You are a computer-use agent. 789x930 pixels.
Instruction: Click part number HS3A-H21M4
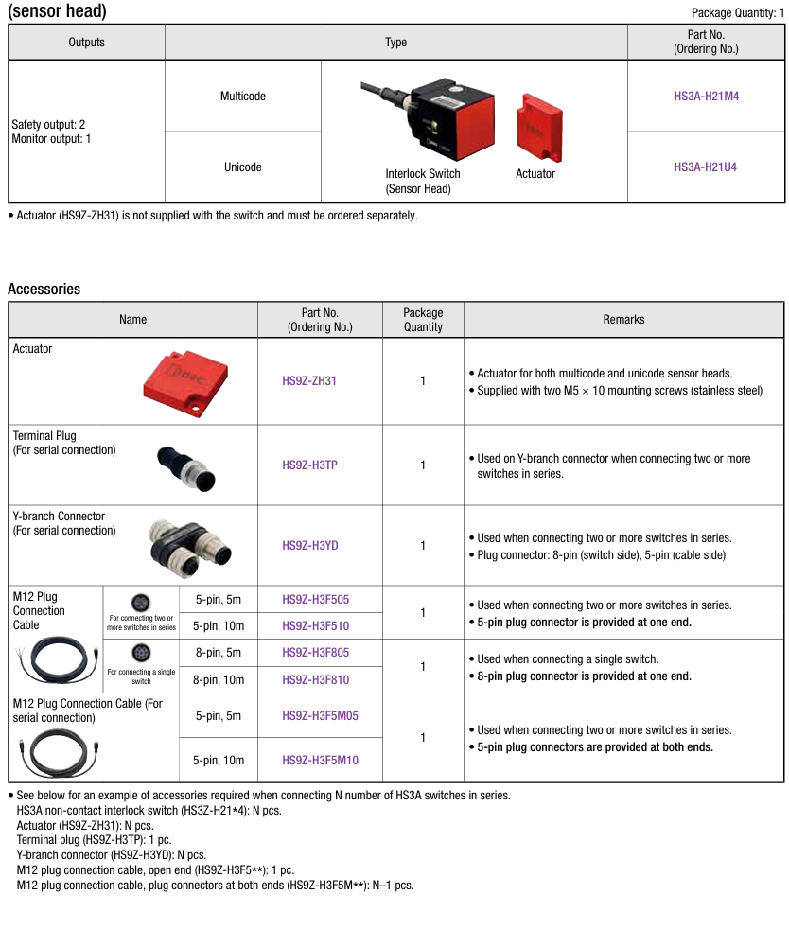[x=705, y=96]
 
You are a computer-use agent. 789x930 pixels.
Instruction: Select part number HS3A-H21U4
[x=705, y=167]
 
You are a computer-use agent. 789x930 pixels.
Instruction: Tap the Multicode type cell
[x=243, y=97]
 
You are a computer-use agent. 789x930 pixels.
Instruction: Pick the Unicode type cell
[x=243, y=167]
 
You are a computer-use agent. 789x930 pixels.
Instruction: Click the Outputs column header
[x=87, y=43]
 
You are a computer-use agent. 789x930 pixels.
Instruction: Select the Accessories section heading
[x=44, y=290]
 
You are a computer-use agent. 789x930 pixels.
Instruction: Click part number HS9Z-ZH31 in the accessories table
[x=309, y=381]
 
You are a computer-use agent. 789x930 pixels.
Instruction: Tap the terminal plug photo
[x=186, y=465]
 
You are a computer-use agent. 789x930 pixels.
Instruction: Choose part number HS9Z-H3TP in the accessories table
[x=309, y=465]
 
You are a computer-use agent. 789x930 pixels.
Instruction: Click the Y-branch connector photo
[x=186, y=546]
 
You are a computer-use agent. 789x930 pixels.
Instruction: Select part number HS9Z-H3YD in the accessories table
[x=309, y=546]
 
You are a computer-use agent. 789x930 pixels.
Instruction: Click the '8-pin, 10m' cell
[x=219, y=679]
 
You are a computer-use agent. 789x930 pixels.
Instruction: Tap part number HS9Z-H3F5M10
[x=321, y=760]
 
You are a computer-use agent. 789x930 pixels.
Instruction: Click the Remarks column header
[x=623, y=320]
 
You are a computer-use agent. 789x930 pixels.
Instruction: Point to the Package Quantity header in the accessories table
[x=423, y=320]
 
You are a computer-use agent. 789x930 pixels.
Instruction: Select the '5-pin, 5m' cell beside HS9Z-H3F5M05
[x=219, y=716]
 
